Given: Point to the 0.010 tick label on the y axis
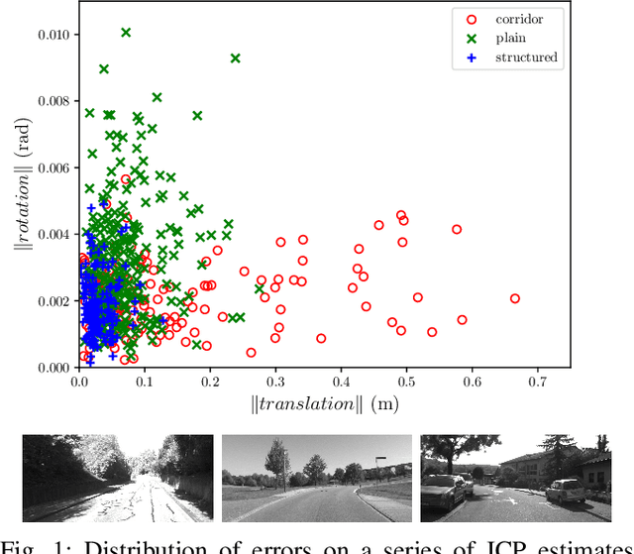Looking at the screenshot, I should click(x=53, y=35).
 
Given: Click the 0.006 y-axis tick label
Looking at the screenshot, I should click(x=53, y=167).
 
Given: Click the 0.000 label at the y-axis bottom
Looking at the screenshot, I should click(x=53, y=367).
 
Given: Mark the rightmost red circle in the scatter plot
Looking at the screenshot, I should click(x=515, y=298).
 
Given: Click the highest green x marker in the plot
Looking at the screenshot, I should click(x=126, y=33).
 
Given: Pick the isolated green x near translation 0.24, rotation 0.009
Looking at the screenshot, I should click(x=236, y=58).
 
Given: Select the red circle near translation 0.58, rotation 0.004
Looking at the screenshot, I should click(x=457, y=229).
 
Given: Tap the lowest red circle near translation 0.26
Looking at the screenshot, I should click(x=251, y=352).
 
